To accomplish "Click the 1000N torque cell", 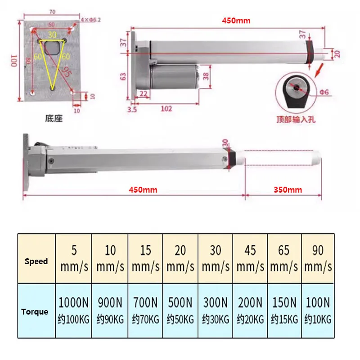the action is [73, 310].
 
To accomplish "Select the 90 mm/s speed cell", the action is [318, 258].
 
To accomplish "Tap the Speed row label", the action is [36, 261].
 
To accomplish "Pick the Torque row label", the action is [35, 311].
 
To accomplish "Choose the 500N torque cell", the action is [180, 310].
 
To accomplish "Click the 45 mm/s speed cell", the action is [250, 258].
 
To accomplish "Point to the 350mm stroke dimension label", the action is [288, 189].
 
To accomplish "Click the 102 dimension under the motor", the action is [166, 108].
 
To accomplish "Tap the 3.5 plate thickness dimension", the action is [132, 109].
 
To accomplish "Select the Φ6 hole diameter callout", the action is [324, 92].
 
